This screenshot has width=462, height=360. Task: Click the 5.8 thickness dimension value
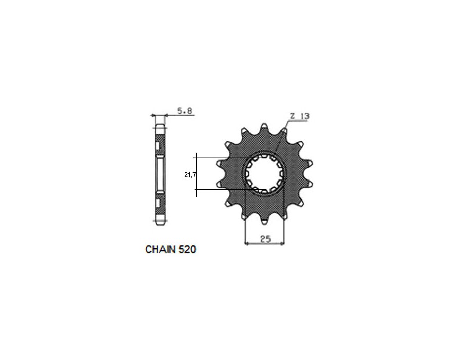pyautogui.click(x=185, y=110)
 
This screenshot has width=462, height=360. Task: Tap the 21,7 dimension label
pyautogui.click(x=189, y=175)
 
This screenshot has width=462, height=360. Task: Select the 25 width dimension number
pyautogui.click(x=265, y=238)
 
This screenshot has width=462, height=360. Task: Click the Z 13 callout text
pyautogui.click(x=299, y=116)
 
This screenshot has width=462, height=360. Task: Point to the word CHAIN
pyautogui.click(x=161, y=250)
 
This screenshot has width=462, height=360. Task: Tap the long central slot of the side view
pyautogui.click(x=160, y=174)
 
